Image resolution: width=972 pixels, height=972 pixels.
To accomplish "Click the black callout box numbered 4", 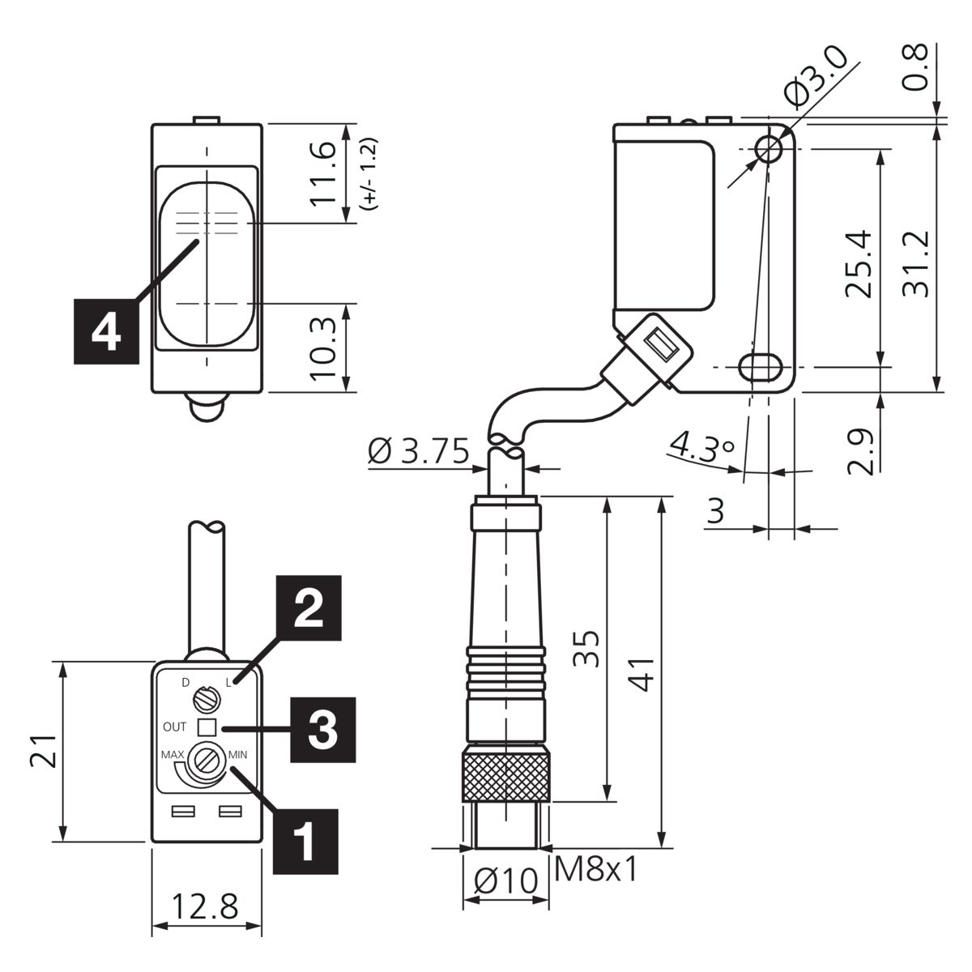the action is tap(106, 331).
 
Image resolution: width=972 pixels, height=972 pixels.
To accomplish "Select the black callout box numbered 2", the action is tap(309, 607).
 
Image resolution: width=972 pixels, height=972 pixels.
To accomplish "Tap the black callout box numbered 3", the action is tap(323, 730).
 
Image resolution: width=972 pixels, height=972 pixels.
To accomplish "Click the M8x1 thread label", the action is tap(595, 869).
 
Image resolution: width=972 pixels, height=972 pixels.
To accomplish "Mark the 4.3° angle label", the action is tap(702, 446).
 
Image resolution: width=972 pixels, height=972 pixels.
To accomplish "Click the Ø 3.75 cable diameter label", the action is tap(419, 450).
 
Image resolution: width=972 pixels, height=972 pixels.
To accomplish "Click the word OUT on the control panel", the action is tap(174, 727).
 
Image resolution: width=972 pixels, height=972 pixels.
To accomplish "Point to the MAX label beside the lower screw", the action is tap(173, 755).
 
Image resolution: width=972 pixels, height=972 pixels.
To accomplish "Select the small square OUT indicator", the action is tap(207, 727).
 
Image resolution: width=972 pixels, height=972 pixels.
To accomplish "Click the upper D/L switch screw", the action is tap(205, 700).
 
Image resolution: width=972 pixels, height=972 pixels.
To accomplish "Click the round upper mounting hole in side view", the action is tap(768, 149).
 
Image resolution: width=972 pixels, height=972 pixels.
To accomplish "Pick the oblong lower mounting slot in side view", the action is tap(761, 367).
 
